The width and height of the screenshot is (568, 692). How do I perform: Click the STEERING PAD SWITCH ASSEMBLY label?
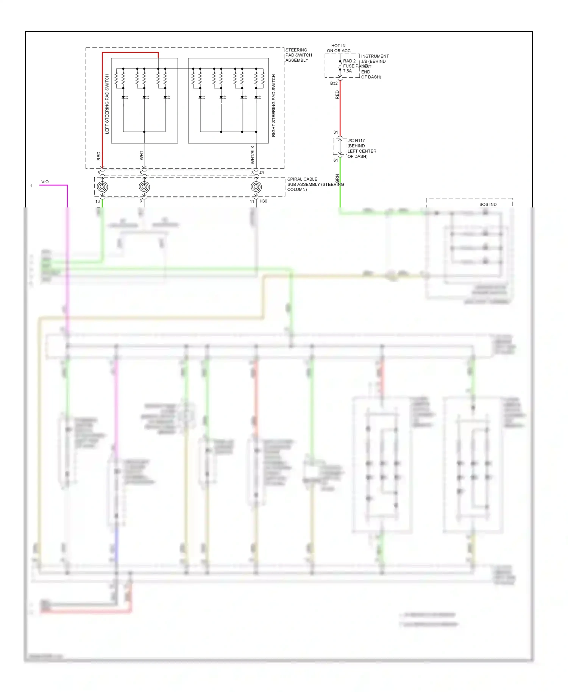coord(298,55)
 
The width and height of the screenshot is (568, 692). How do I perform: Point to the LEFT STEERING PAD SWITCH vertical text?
coord(107,104)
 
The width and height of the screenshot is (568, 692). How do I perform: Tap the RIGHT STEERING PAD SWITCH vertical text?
coord(274,105)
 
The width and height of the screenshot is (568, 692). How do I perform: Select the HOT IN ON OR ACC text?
coord(339,48)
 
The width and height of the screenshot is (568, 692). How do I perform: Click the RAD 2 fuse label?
coord(349,61)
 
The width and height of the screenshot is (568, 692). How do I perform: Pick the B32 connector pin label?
coord(334,83)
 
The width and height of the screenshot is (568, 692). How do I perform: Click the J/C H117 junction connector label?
coord(356,140)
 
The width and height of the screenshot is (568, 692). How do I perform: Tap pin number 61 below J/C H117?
coord(335,160)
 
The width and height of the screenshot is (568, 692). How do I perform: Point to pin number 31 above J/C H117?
coord(335,132)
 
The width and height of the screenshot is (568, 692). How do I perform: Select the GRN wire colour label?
coord(337,178)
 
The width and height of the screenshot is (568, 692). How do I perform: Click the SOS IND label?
coord(488,204)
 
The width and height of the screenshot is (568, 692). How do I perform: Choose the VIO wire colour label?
coord(45,182)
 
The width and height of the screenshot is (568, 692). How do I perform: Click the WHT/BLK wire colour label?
coord(253,154)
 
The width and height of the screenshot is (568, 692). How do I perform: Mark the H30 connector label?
coord(263,201)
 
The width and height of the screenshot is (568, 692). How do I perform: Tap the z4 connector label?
coord(262,172)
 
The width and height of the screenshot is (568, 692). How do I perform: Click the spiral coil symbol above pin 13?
coord(102,187)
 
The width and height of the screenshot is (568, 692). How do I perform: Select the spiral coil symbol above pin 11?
coord(256,187)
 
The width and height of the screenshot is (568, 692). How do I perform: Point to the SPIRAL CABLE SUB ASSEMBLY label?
coord(315,184)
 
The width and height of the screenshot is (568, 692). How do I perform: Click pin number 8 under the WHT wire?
coord(140,173)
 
